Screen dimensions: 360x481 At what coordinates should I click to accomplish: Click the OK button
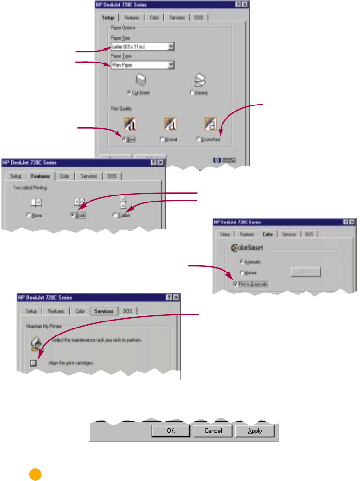(x=170, y=431)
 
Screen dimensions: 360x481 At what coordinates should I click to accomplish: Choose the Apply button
(x=255, y=431)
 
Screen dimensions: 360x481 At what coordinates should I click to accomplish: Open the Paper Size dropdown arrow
(x=172, y=47)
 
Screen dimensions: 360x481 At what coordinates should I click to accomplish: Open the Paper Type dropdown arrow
(x=172, y=65)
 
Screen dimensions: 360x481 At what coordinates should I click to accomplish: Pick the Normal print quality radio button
(x=162, y=139)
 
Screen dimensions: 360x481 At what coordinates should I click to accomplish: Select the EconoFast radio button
(x=199, y=139)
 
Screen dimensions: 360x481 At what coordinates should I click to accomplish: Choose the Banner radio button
(x=192, y=93)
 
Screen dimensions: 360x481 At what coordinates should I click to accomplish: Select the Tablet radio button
(x=115, y=216)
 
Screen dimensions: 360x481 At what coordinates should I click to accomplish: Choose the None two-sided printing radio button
(x=29, y=216)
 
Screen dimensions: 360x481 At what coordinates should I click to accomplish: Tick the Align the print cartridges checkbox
(x=33, y=362)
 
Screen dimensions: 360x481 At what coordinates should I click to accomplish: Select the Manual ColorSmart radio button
(x=242, y=272)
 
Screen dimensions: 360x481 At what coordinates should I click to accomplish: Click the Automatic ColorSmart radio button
(x=242, y=262)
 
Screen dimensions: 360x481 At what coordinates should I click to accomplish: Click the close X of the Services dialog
(x=176, y=297)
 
